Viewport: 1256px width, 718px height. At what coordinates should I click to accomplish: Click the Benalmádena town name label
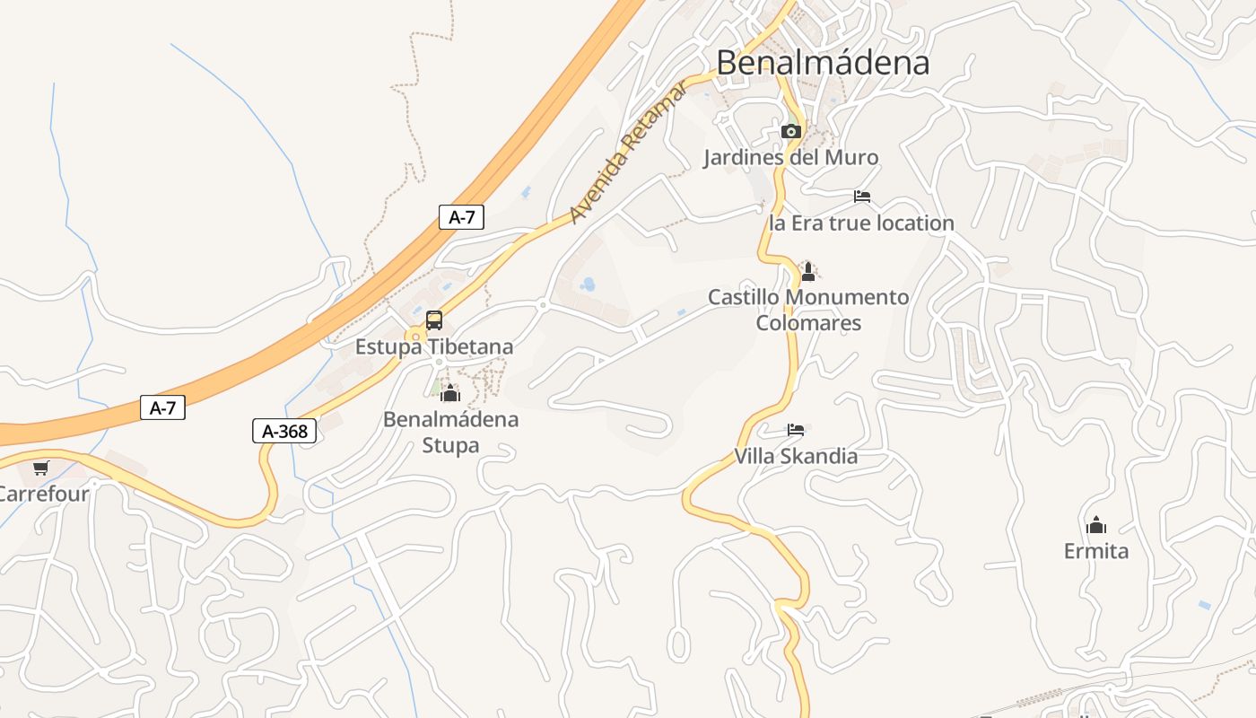click(823, 63)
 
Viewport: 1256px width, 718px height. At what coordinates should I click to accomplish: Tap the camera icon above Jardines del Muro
click(790, 132)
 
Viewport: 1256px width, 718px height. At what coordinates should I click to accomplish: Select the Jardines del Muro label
click(790, 158)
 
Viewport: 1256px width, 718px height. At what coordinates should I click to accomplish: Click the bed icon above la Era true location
click(862, 197)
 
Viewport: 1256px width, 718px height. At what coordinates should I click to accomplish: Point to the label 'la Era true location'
click(861, 223)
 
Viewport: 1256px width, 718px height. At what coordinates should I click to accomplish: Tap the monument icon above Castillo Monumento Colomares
click(808, 271)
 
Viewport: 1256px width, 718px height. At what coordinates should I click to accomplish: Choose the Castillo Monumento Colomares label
click(808, 310)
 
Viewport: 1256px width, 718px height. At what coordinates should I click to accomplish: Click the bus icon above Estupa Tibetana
click(434, 320)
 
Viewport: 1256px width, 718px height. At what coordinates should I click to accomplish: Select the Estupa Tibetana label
click(434, 346)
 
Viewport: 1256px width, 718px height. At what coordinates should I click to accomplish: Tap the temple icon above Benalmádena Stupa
click(450, 393)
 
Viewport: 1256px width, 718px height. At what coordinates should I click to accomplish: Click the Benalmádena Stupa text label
click(450, 432)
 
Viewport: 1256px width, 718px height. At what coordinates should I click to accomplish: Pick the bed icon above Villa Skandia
click(796, 430)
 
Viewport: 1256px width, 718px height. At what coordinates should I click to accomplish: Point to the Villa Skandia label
click(796, 456)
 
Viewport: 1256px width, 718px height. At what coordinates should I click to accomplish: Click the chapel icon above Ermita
click(1095, 525)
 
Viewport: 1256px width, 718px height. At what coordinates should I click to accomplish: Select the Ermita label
click(1095, 551)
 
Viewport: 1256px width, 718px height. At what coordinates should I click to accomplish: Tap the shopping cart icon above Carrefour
click(41, 468)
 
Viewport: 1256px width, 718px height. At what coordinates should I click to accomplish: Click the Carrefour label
click(43, 494)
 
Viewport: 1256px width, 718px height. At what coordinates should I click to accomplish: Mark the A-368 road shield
click(284, 432)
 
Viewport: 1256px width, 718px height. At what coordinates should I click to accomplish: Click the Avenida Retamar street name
click(628, 152)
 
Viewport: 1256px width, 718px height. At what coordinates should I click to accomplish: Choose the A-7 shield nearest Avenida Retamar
click(461, 216)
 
